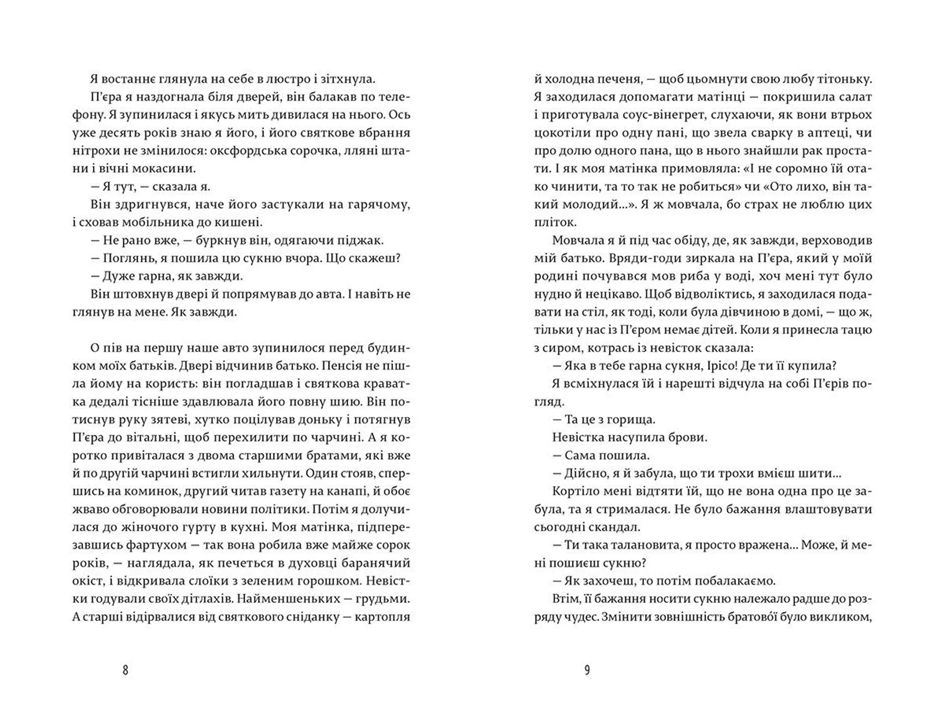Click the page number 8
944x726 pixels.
(x=125, y=670)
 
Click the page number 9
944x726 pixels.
(x=587, y=670)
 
